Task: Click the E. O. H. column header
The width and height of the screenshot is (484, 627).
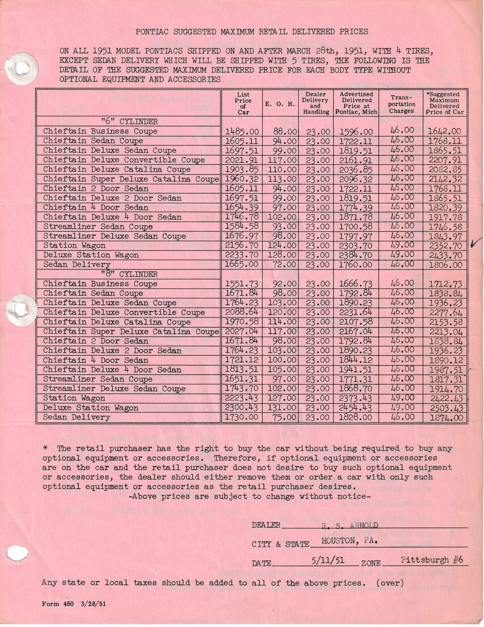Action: [280, 104]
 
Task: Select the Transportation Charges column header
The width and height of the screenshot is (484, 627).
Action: [401, 104]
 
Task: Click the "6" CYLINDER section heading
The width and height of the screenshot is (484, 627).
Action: [129, 121]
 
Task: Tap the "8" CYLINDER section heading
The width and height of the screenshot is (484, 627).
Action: [129, 274]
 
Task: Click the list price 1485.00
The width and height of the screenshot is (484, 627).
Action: [242, 131]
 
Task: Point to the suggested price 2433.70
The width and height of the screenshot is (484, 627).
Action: [445, 255]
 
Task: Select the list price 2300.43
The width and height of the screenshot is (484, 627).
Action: [242, 408]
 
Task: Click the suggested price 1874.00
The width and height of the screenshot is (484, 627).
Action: [445, 417]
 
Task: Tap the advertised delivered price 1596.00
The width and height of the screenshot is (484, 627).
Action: [356, 132]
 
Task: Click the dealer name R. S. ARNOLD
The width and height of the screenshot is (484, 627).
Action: [350, 525]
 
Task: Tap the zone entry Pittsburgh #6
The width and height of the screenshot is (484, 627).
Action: [432, 560]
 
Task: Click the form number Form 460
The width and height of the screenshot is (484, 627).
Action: [58, 604]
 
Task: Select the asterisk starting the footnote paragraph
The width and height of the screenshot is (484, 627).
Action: [45, 448]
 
